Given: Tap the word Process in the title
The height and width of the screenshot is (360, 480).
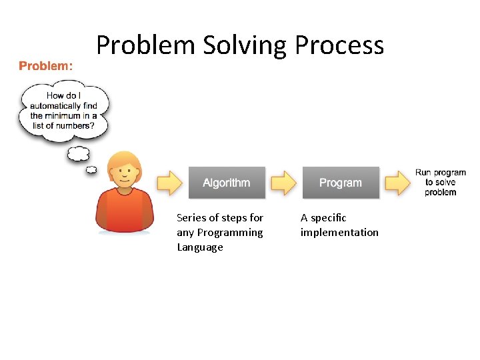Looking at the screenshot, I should (x=339, y=45).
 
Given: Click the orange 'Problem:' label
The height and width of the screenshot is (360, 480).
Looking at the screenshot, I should (x=46, y=66).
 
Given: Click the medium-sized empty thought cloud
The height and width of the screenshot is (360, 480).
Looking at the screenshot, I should (x=78, y=154).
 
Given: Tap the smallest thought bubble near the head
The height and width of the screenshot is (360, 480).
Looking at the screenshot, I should (x=91, y=170).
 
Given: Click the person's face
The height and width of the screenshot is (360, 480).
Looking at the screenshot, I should (x=125, y=173).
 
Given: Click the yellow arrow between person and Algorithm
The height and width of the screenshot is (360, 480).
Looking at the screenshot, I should (x=169, y=182).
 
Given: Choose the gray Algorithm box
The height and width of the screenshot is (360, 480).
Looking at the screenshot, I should (x=227, y=183).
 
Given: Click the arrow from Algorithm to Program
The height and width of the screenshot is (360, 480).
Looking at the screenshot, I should (x=283, y=182).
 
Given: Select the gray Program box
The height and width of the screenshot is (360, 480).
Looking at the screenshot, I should (x=341, y=183).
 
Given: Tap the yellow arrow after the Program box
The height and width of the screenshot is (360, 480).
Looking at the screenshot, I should (x=397, y=182).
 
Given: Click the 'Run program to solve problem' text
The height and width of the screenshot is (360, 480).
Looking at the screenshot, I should (x=441, y=183).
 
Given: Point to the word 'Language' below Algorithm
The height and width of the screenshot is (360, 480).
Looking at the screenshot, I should (x=200, y=247).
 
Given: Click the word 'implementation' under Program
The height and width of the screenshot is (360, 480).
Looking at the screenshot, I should (x=339, y=233).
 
